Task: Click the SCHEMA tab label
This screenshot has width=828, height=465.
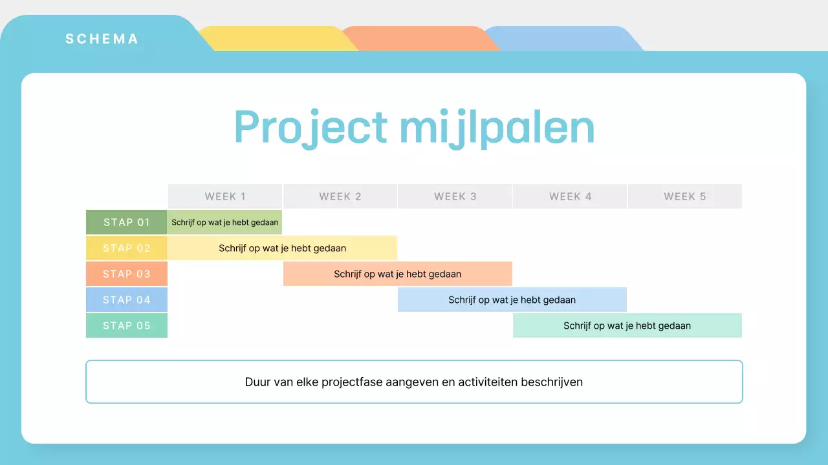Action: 102,39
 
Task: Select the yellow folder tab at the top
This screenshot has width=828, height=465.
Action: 278,38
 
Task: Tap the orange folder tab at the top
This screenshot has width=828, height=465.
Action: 420,38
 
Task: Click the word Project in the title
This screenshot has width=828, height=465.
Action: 311,128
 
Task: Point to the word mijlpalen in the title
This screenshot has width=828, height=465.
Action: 497,128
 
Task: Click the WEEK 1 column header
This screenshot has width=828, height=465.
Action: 225,196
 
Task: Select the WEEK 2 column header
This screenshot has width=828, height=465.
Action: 340,196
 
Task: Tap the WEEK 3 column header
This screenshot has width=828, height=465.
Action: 455,196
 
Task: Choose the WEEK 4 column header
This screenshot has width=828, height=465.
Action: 571,196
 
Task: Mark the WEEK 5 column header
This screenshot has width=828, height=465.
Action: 685,196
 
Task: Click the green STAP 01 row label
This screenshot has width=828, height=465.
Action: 127,222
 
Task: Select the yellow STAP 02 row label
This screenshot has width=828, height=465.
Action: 127,248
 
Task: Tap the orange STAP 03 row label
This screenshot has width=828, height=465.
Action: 127,274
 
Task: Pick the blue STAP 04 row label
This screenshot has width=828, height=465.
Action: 127,300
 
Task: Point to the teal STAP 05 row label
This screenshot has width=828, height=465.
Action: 127,325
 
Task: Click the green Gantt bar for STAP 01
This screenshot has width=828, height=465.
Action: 225,222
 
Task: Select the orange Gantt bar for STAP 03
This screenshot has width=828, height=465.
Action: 398,274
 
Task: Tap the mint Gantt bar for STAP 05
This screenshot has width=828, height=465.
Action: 627,325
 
